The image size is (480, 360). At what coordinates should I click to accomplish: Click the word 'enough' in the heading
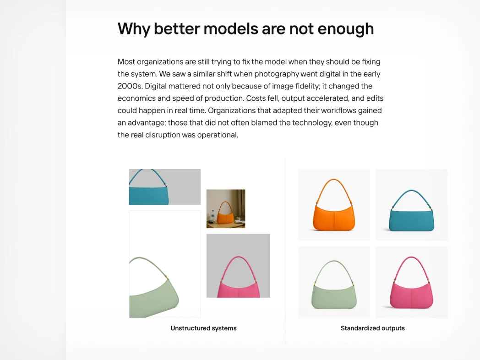pyautogui.click(x=346, y=29)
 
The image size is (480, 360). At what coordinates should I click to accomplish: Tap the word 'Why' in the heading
pyautogui.click(x=134, y=29)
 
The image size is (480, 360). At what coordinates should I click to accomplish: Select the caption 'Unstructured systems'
pyautogui.click(x=203, y=328)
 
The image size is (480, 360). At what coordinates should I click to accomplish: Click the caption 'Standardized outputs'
pyautogui.click(x=372, y=328)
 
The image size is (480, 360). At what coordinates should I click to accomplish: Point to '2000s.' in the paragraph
pyautogui.click(x=130, y=86)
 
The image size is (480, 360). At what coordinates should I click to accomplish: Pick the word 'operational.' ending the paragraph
pyautogui.click(x=218, y=135)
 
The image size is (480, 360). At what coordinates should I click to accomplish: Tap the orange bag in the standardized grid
pyautogui.click(x=334, y=205)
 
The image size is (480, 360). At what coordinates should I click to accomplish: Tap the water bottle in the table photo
pyautogui.click(x=213, y=216)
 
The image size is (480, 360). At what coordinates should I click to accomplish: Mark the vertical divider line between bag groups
pyautogui.click(x=285, y=251)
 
